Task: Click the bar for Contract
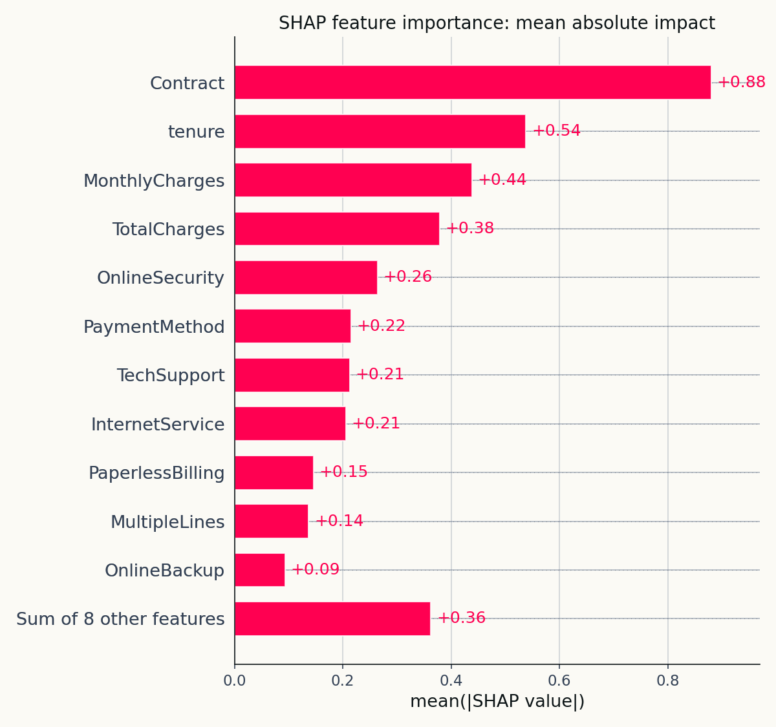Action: [x=472, y=82]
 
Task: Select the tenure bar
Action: [x=380, y=131]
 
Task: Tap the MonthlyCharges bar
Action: [x=352, y=180]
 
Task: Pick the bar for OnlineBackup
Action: [x=259, y=570]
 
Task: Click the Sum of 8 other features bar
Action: [x=332, y=618]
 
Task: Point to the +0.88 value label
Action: [x=741, y=82]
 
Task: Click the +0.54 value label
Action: [x=556, y=131]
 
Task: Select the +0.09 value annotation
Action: [x=315, y=569]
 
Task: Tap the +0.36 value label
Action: [x=461, y=618]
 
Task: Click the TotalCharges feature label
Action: [x=168, y=229]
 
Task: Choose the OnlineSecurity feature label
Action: [x=160, y=278]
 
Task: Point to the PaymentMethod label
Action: [x=154, y=327]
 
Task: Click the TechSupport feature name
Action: [x=171, y=375]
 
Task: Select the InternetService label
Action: [x=158, y=425]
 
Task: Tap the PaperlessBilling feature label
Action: [x=156, y=473]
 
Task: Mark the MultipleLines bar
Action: [x=271, y=521]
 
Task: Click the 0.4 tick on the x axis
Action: [x=451, y=680]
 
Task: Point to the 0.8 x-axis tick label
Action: [x=667, y=680]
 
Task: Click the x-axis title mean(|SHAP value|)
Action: [x=497, y=701]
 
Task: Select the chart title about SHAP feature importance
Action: [x=497, y=23]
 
